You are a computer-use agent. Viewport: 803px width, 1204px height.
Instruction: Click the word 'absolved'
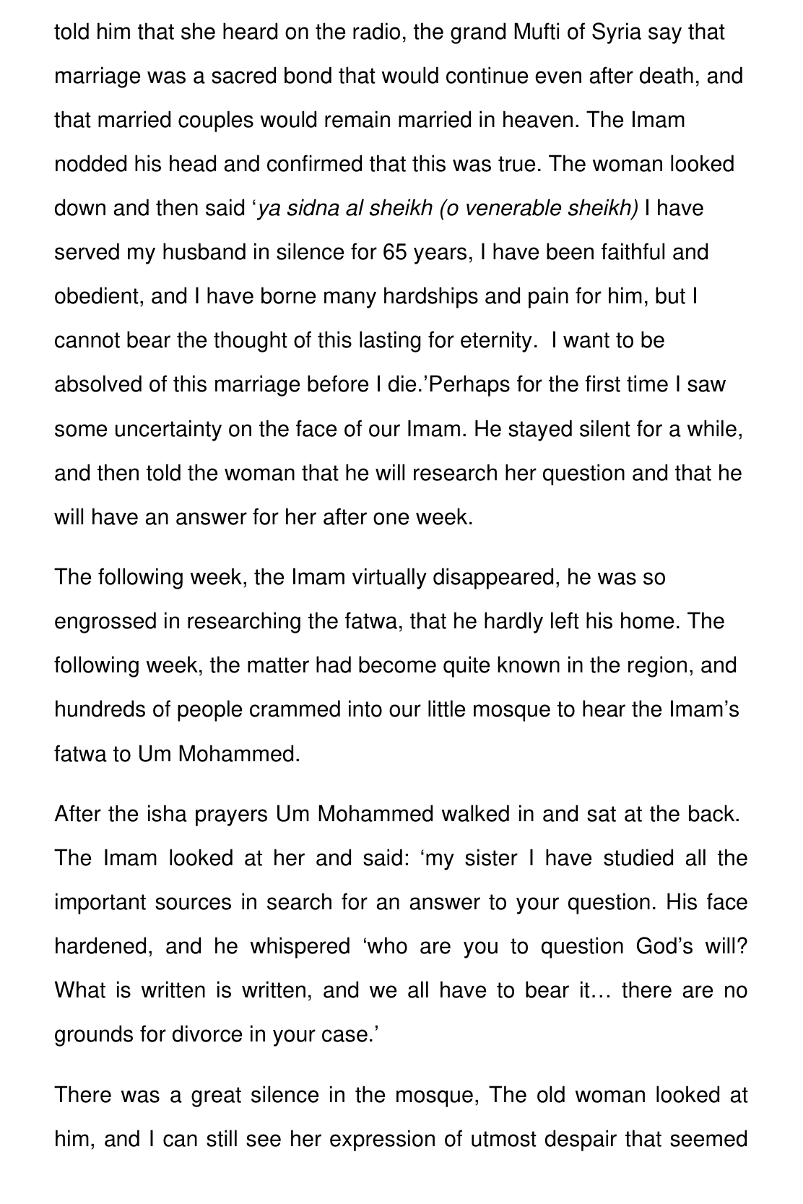point(98,385)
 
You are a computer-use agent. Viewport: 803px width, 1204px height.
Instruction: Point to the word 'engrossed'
point(104,622)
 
